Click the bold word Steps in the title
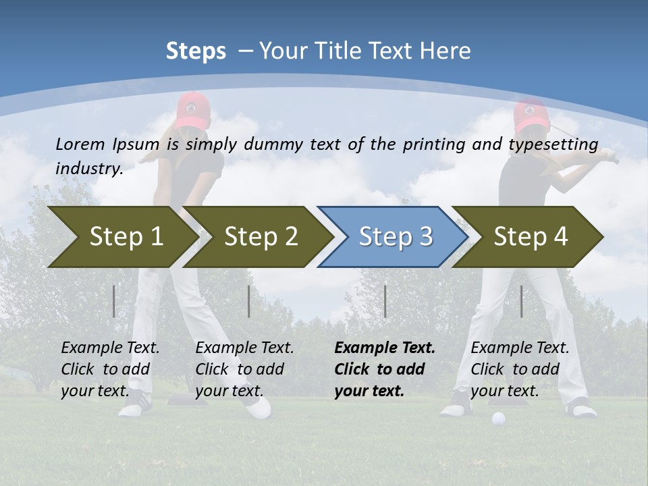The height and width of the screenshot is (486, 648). coord(196,51)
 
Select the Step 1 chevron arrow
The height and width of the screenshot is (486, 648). coord(122,237)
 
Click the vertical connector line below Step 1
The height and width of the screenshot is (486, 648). coord(114,301)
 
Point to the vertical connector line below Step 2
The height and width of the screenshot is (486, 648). coord(249,301)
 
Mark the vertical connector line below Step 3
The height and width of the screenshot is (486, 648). coord(385,301)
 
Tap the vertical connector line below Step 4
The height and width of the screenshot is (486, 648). coord(521,301)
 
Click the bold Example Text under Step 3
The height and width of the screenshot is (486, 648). coord(385,348)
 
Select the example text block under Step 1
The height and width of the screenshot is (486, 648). coord(110,369)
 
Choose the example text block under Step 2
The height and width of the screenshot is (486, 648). coord(244,369)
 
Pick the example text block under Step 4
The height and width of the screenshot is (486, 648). coord(520,369)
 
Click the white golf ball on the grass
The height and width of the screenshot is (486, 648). coord(498,418)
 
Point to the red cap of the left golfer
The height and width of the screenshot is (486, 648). coord(192,108)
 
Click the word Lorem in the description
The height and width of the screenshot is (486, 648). coord(80,144)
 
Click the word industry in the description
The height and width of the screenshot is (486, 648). coord(88,168)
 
